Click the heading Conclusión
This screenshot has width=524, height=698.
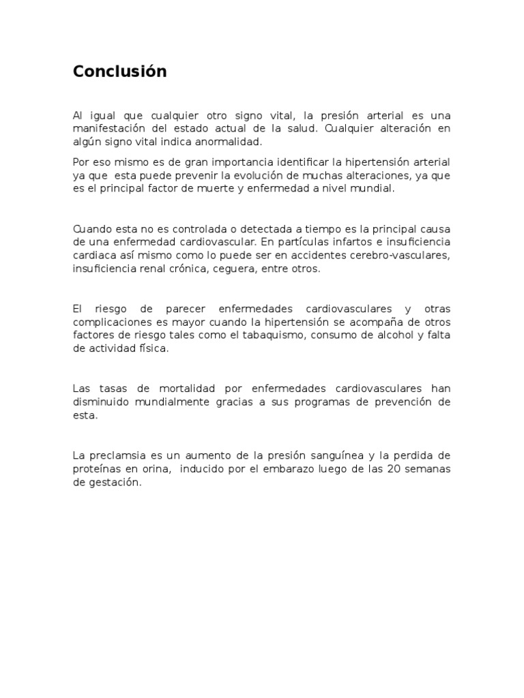119,72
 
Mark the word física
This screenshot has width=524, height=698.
149,348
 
